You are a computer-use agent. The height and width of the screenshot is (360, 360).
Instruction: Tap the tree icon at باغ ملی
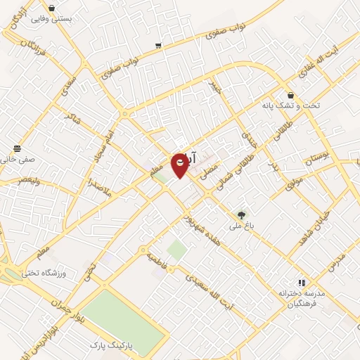click(242, 214)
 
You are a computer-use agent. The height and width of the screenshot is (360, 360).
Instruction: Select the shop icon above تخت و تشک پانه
click(290, 96)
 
